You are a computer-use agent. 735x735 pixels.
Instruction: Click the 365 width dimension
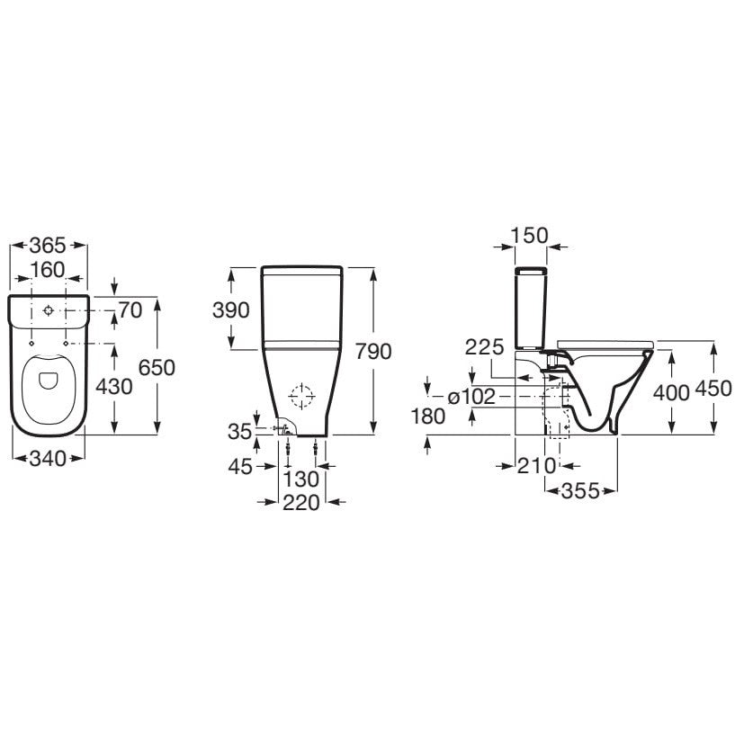[x=48, y=246]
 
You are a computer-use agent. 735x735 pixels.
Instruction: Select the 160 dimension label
[x=48, y=270]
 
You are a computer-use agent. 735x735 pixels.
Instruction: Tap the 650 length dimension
[x=157, y=368]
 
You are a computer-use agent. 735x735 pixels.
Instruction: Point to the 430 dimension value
[x=114, y=387]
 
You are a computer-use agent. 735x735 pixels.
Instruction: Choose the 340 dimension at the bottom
[x=48, y=459]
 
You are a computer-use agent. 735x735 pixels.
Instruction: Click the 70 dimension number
[x=130, y=310]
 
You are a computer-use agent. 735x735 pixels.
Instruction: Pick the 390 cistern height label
[x=231, y=310]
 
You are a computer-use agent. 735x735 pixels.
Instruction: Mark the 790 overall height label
[x=373, y=352]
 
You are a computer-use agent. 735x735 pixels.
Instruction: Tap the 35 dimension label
[x=240, y=432]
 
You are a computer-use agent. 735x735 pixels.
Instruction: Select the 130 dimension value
[x=301, y=480]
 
